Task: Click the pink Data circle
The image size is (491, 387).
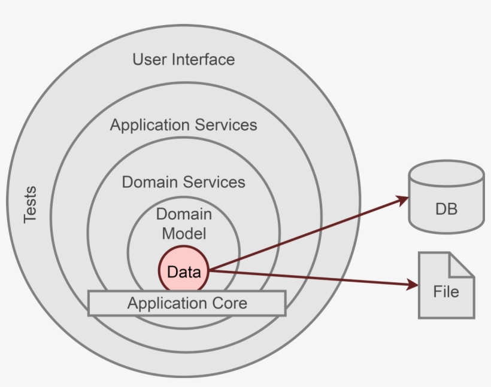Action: [x=184, y=272]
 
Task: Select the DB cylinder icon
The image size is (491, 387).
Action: [x=445, y=197]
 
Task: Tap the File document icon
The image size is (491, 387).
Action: [x=446, y=285]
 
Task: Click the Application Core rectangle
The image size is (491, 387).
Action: [x=187, y=303]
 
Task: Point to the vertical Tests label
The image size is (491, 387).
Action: [x=30, y=205]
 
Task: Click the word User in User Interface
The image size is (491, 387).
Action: [x=150, y=60]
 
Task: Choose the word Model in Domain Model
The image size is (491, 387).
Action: [x=184, y=233]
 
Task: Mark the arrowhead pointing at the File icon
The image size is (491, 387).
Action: [x=411, y=285]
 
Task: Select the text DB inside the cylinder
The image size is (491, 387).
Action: [x=446, y=209]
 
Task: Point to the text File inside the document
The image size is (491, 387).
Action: [x=446, y=292]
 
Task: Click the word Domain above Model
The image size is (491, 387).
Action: [x=184, y=214]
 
